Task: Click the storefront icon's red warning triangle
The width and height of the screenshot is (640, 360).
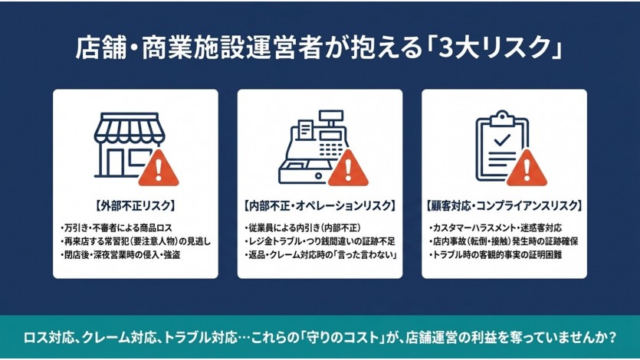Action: click(x=159, y=169)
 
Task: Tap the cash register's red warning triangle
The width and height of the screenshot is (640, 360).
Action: click(x=348, y=169)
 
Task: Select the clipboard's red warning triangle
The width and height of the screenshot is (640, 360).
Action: click(x=527, y=169)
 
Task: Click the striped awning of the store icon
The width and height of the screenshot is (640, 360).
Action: click(x=130, y=128)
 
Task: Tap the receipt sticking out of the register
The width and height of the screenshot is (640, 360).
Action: click(x=305, y=129)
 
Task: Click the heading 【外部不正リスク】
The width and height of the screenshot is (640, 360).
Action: click(x=135, y=206)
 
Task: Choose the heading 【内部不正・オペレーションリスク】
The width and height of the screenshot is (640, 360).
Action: click(x=320, y=206)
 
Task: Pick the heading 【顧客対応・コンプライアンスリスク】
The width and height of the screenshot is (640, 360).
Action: click(x=504, y=206)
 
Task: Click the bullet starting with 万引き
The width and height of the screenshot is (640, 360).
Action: click(x=117, y=228)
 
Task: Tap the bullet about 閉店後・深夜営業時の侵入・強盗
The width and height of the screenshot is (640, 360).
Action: click(x=120, y=255)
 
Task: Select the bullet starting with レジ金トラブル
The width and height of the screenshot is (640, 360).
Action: click(x=320, y=241)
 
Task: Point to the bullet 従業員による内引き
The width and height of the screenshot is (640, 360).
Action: click(x=303, y=228)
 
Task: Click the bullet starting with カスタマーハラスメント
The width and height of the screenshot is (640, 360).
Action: click(x=495, y=228)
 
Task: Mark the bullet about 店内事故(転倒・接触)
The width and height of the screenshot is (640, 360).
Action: click(x=504, y=241)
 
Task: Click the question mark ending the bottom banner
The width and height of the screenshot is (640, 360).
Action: click(x=612, y=338)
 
